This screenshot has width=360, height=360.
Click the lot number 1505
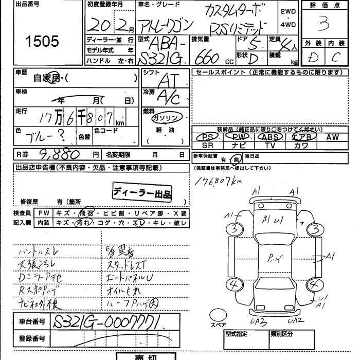(x=41, y=41)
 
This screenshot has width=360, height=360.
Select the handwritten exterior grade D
(x=312, y=58)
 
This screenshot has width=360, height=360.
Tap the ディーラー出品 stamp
(x=142, y=193)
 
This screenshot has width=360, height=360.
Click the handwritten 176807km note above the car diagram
(x=219, y=181)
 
